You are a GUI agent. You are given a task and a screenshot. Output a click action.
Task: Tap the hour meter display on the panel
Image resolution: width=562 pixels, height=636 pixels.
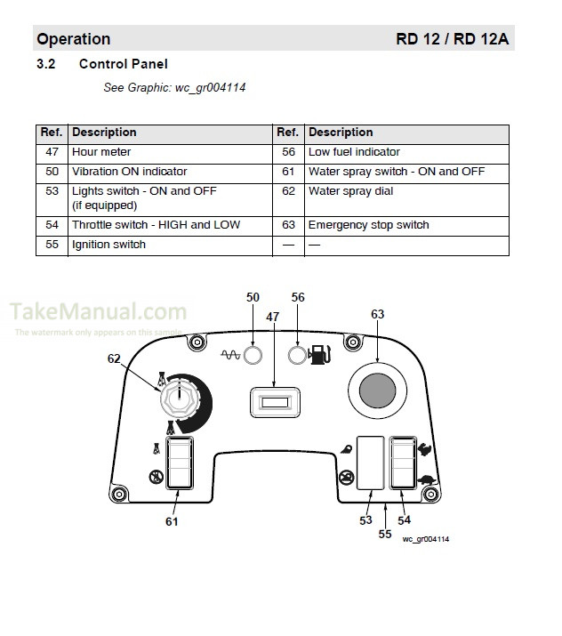coord(274,402)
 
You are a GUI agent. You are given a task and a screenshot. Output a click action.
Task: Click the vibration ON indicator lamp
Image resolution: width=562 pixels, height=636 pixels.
coord(253,355)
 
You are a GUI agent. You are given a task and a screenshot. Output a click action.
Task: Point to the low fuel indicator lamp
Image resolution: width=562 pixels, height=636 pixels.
coord(298,355)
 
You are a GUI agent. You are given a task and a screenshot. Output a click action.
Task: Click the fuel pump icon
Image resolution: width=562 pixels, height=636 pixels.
coord(318,356)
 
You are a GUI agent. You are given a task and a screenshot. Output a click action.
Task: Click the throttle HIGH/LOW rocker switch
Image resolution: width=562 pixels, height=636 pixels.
coord(402,463)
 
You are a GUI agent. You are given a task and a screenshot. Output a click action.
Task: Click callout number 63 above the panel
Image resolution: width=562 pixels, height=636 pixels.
coord(378,314)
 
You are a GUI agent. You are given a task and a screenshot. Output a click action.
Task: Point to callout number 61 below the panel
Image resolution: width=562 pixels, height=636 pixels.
coord(172,521)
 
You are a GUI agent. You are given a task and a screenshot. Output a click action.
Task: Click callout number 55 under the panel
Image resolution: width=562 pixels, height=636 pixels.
coord(385,534)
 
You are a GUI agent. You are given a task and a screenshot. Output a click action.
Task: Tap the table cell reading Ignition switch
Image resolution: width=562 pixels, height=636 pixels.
coord(108,245)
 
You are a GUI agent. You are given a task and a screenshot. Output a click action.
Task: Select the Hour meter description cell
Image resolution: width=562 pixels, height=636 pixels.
coord(101,152)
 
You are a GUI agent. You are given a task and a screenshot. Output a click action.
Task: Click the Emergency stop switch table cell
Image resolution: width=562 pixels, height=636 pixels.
coord(368,225)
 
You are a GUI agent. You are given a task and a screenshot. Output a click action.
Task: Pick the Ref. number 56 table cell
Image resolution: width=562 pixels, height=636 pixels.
coord(287,152)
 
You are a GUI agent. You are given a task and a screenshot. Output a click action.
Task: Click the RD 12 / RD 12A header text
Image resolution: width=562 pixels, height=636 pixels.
coord(453,39)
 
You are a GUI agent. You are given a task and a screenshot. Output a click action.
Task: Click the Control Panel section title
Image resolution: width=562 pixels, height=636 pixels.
coord(123,64)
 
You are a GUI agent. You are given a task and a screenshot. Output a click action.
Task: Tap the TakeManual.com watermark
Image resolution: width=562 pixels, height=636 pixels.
coord(98,312)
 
